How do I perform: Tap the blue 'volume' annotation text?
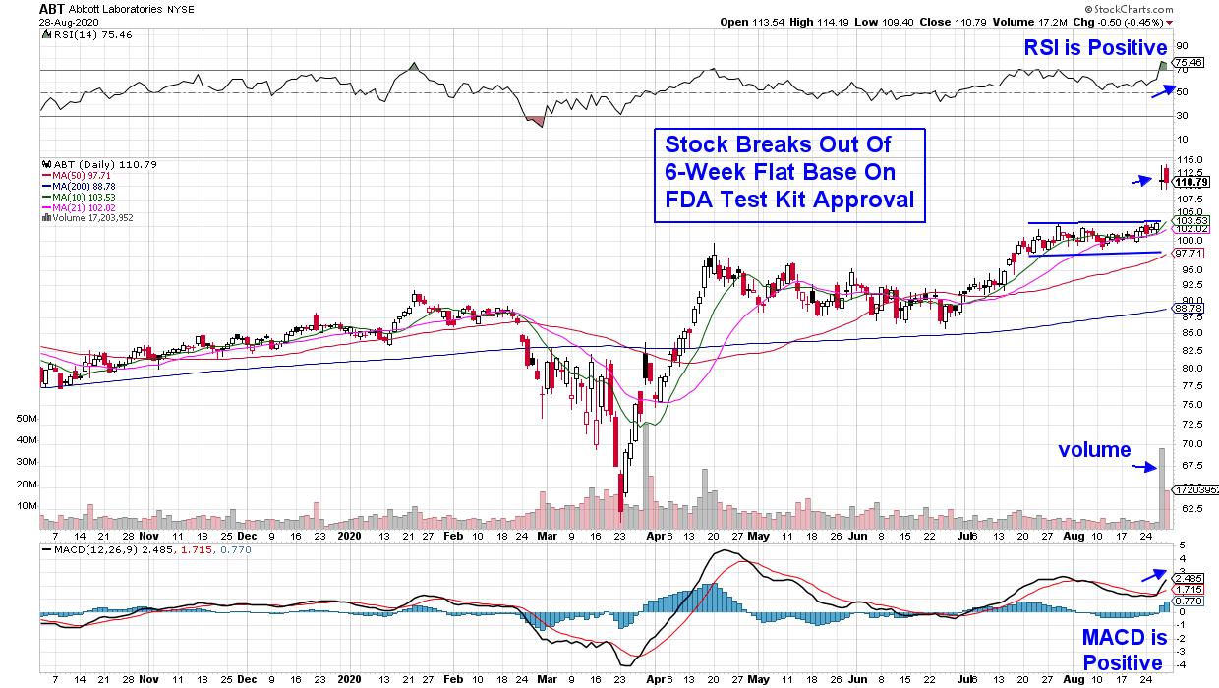click(1094, 450)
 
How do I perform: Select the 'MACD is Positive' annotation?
click(1123, 649)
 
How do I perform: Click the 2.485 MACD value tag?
click(1190, 578)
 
